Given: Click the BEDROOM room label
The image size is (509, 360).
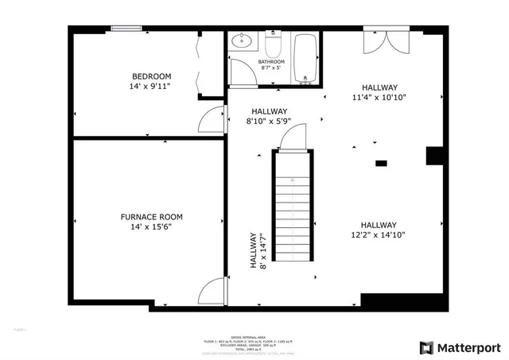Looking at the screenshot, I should pos(151,76).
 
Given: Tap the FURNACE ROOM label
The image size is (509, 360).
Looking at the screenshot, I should pos(151,216).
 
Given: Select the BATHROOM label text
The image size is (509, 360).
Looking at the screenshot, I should pos(271,62).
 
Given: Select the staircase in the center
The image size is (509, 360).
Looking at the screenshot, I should pos(293,230).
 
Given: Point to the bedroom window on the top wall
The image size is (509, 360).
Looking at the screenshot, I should pos(127,29).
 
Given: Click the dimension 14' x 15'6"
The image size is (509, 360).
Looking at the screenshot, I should pos(151,226).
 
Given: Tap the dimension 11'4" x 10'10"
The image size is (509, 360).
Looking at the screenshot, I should pos(379,98).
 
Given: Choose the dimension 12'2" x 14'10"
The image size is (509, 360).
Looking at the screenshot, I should pos(379,234).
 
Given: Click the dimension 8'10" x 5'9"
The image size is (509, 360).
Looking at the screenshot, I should pos(269,122).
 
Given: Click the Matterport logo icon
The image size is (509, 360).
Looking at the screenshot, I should pos(426,347).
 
